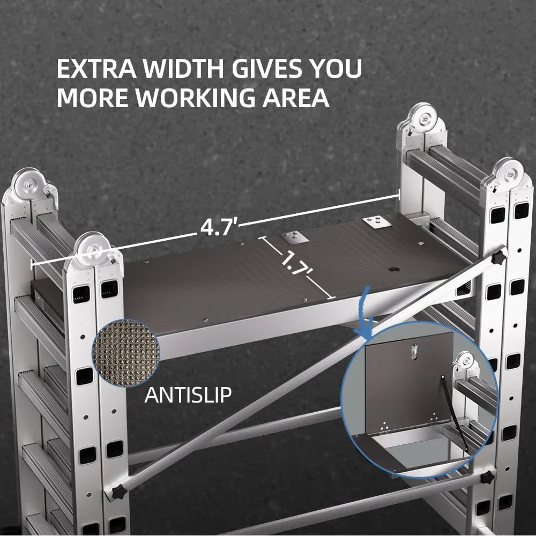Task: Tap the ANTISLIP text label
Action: (x=188, y=396)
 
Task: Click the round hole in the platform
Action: (x=395, y=269)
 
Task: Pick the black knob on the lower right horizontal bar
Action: (x=488, y=477)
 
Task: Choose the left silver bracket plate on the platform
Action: (x=295, y=235)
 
